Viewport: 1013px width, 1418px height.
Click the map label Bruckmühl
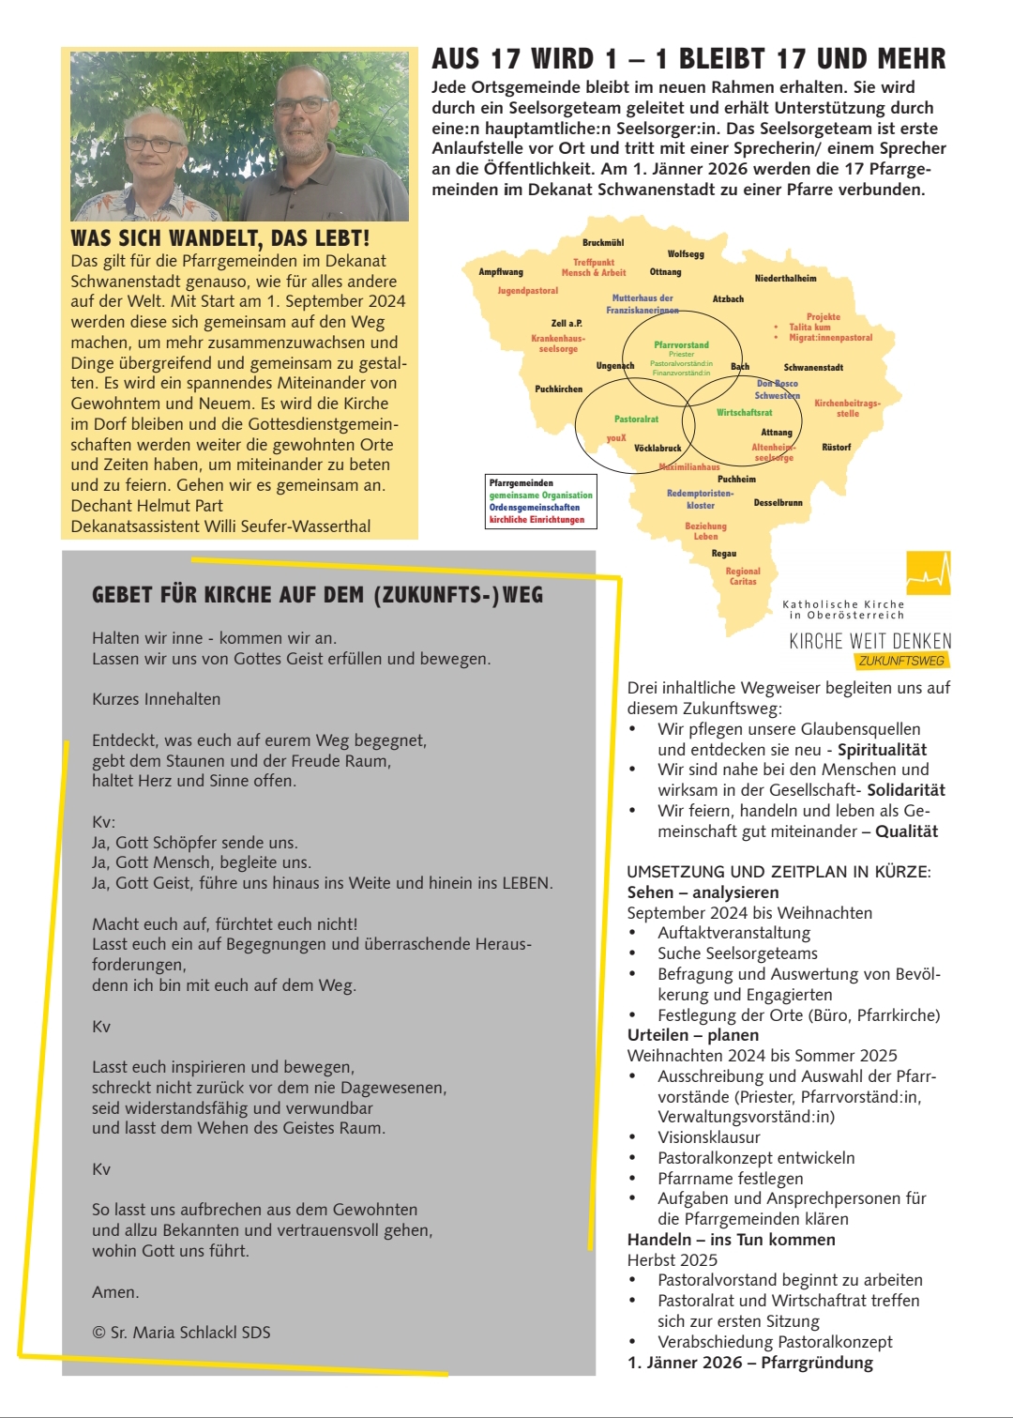click(x=603, y=243)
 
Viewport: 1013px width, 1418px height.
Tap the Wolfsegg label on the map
click(x=686, y=254)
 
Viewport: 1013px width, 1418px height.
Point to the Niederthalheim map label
click(x=785, y=279)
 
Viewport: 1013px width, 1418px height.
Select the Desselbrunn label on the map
click(x=778, y=503)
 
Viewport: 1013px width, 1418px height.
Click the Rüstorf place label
click(x=836, y=448)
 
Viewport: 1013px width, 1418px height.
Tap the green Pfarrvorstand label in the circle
click(x=681, y=345)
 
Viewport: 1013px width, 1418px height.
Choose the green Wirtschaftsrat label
click(x=744, y=413)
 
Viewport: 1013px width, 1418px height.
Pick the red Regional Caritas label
click(x=743, y=576)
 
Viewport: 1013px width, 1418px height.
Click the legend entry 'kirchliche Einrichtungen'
click(x=537, y=520)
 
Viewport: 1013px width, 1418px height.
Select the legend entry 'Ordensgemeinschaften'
click(x=535, y=508)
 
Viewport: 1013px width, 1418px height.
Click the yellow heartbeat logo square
click(x=929, y=572)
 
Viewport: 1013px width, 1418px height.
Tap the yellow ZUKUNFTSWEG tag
click(x=901, y=661)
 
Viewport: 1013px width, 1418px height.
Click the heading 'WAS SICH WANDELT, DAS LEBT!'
click(x=220, y=238)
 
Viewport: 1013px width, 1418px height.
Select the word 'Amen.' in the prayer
click(x=115, y=1292)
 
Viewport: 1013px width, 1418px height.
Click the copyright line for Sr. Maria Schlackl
click(x=181, y=1333)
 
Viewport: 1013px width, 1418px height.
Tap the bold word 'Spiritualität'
click(x=882, y=750)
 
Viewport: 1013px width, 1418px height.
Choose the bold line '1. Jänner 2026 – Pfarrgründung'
click(x=749, y=1363)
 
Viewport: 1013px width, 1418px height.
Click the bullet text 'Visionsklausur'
click(x=708, y=1137)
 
